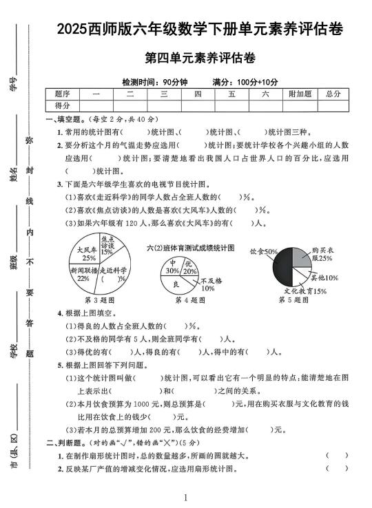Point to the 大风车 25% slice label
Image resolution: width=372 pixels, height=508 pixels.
coord(87,254)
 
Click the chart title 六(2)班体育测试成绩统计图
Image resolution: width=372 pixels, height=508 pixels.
coord(191,247)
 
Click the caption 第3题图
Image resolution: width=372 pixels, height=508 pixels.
coord(99,300)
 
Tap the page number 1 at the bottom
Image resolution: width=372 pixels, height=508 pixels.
coord(186,497)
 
